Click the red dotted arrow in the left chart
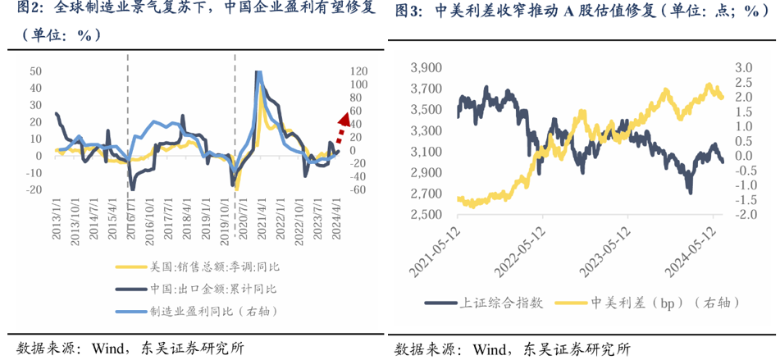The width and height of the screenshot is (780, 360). [x=340, y=127]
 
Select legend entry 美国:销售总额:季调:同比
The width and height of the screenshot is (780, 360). [x=208, y=266]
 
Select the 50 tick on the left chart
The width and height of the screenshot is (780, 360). [x=35, y=71]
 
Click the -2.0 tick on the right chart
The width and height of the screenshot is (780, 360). [x=743, y=215]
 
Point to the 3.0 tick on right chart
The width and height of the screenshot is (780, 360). [x=743, y=66]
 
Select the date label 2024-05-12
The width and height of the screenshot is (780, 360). [x=696, y=250]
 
